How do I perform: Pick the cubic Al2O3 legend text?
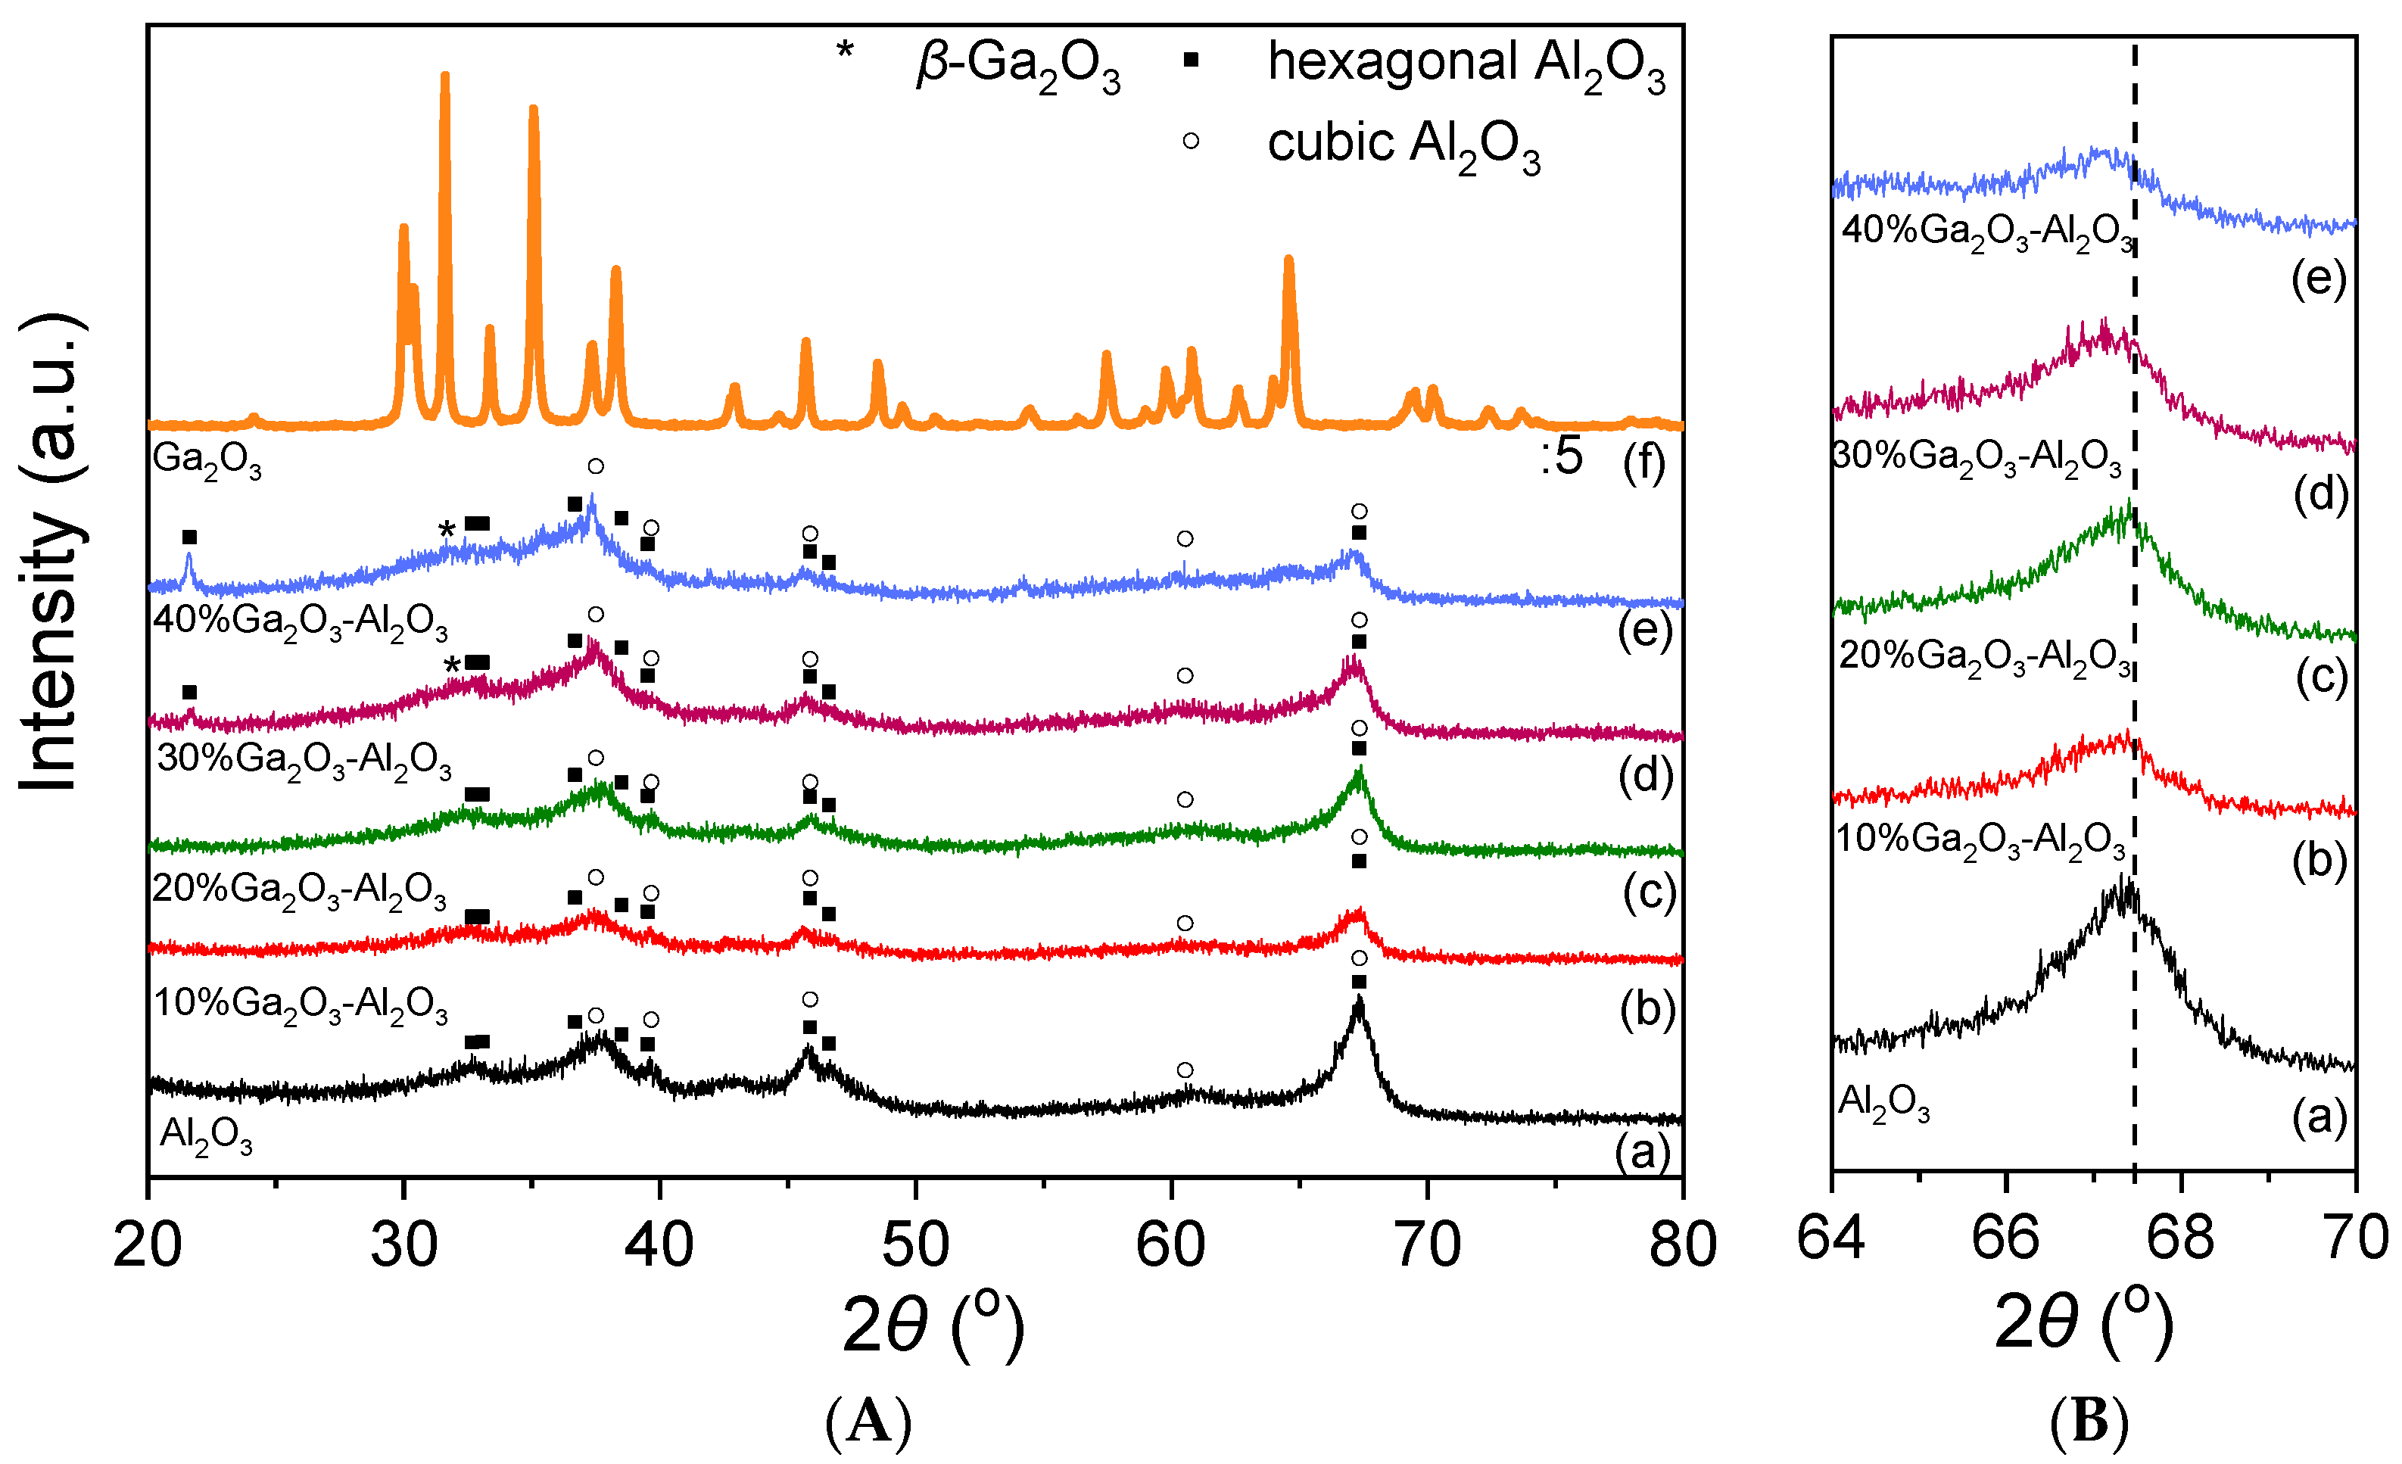click(x=1403, y=145)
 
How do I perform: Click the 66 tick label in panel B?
click(x=2005, y=1238)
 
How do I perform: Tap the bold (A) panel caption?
click(x=868, y=1424)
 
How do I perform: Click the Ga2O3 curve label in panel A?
click(x=207, y=460)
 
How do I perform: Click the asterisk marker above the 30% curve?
click(x=451, y=668)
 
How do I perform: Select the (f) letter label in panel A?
click(x=1643, y=462)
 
